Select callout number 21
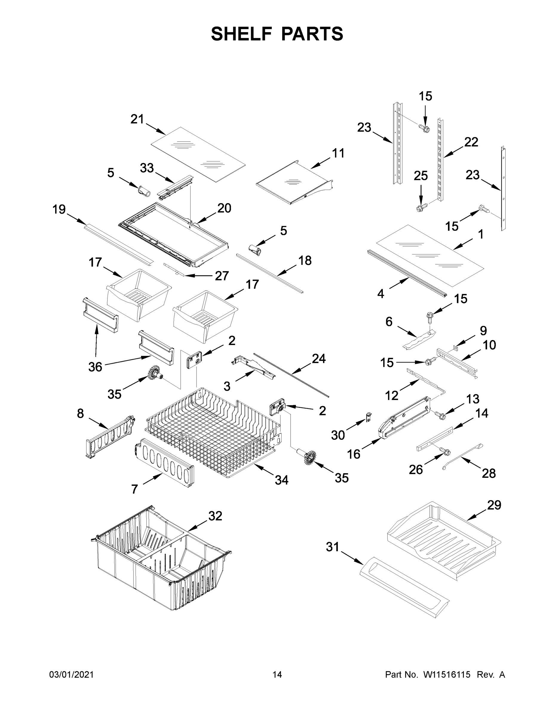(x=137, y=119)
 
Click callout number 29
(x=494, y=505)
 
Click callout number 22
(x=471, y=142)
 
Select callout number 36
(x=95, y=367)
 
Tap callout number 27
(x=222, y=276)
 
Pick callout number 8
(x=80, y=413)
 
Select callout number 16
(x=354, y=454)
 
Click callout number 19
(x=59, y=209)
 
